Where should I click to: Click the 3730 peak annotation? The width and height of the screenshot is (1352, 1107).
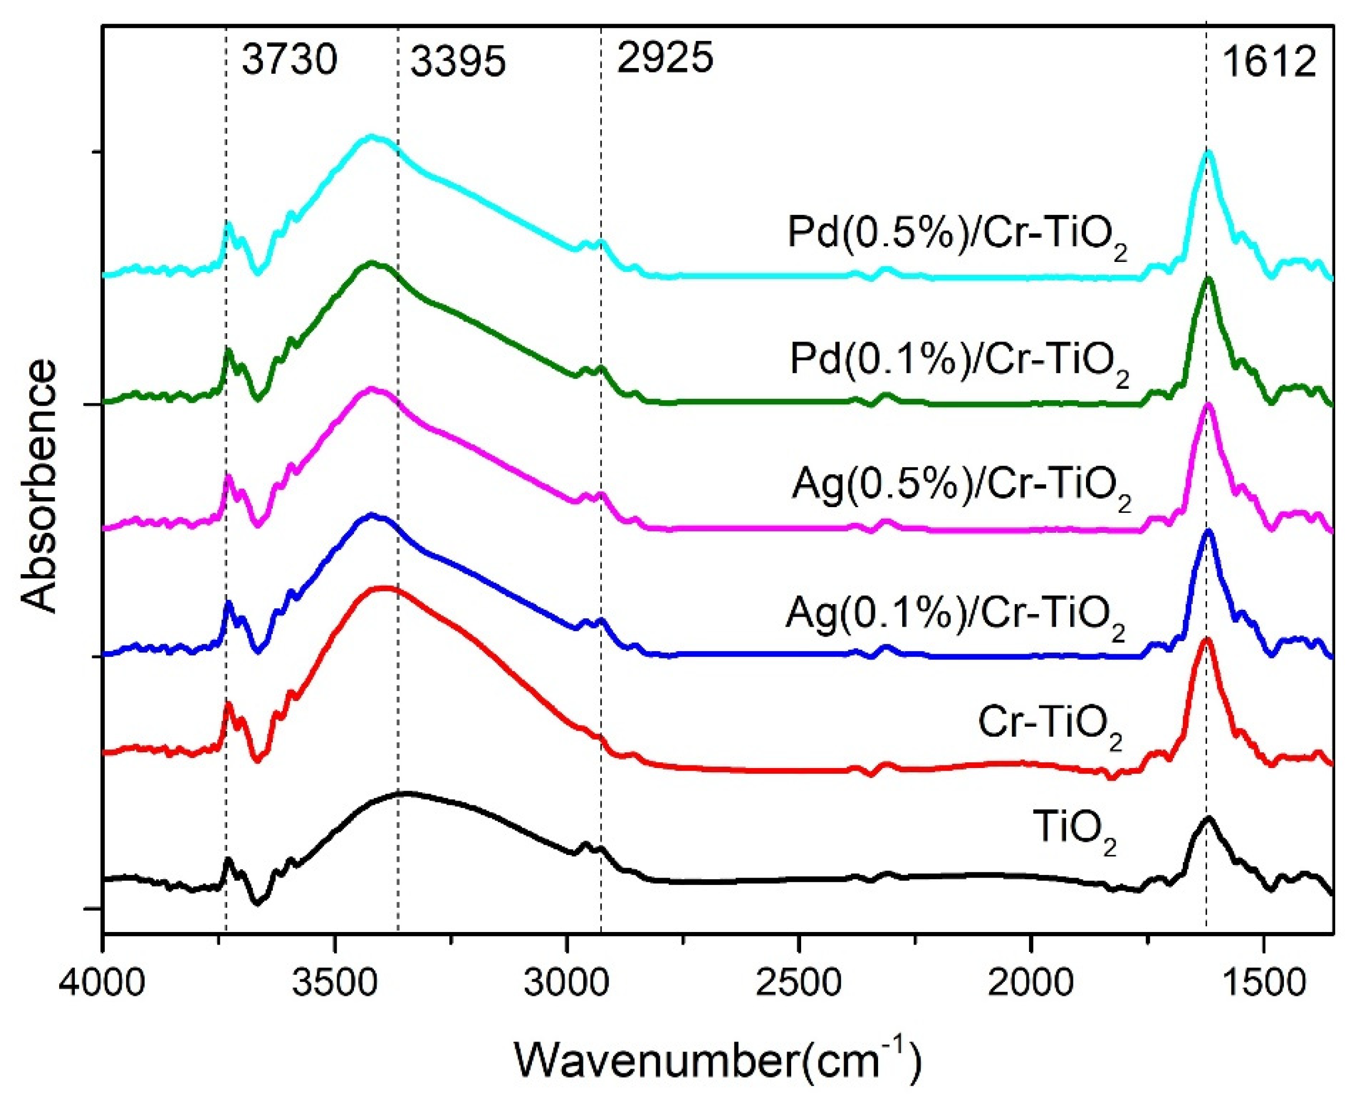click(289, 61)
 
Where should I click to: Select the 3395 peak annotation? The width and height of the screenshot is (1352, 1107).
click(457, 63)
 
